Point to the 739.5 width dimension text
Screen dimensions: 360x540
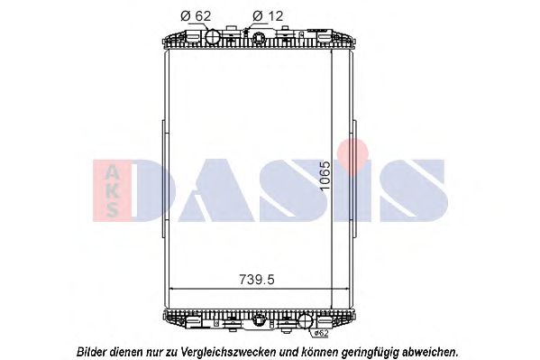click(252, 280)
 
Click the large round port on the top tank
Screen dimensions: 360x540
click(215, 39)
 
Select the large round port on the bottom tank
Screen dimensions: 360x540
click(306, 320)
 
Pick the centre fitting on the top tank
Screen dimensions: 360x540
click(261, 39)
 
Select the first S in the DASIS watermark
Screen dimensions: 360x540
click(294, 190)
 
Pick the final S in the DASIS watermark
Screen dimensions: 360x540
click(410, 190)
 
